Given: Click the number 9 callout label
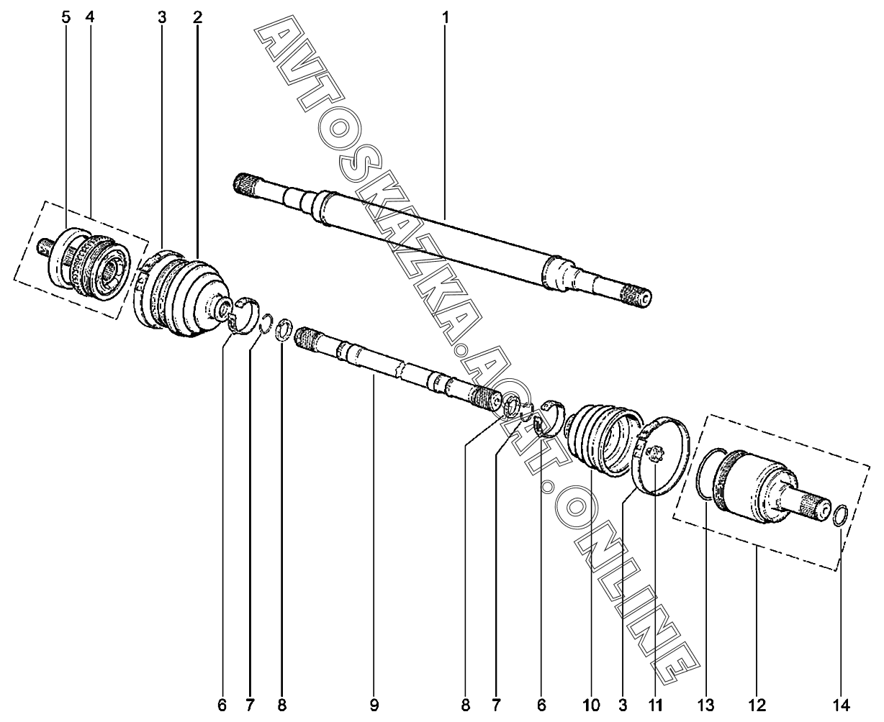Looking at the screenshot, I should (374, 703).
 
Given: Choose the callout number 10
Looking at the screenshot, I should (592, 703).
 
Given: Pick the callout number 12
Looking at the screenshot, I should (757, 703).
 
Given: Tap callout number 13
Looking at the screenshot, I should (706, 703).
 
